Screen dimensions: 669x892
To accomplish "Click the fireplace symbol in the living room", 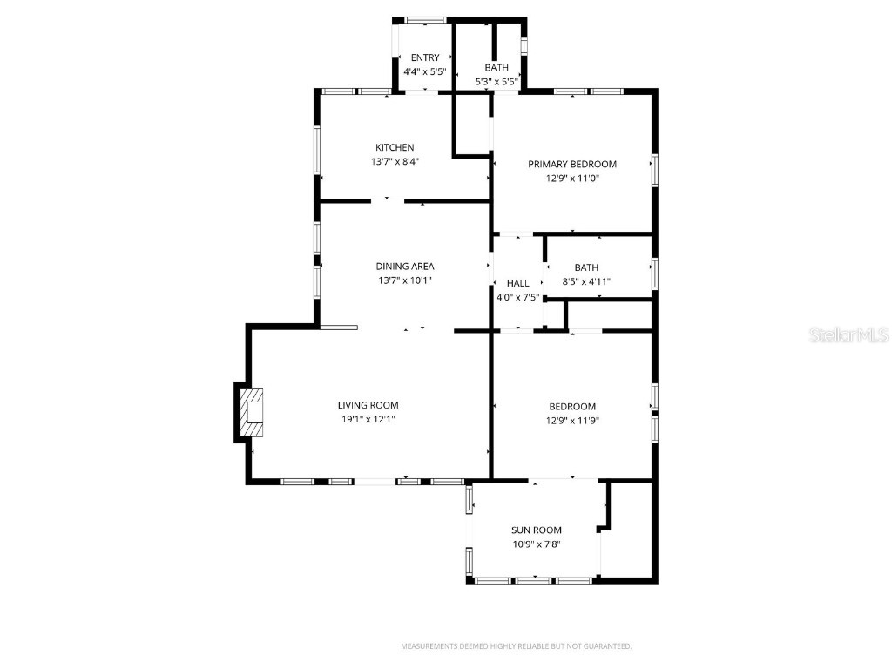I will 252,412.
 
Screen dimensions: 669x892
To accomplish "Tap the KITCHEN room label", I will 395,147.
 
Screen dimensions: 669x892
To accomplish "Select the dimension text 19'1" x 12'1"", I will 368,419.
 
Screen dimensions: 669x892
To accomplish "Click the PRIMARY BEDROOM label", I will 572,164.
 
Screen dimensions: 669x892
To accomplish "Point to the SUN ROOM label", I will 536,530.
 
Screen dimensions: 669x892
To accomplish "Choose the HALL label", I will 517,283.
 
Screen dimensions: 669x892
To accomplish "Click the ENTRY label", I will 425,57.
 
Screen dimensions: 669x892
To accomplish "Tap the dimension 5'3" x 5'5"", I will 497,81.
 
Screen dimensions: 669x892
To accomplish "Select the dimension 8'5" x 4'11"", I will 580,281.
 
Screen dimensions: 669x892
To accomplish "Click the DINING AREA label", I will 404,267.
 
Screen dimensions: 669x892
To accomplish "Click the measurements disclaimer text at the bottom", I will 516,646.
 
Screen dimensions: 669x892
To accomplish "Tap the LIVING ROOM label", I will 368,405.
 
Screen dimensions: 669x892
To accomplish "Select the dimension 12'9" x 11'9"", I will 572,420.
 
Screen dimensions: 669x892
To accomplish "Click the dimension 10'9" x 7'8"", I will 536,544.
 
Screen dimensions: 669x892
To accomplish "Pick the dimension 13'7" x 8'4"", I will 395,161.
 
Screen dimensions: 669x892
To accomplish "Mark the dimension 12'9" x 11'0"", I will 572,178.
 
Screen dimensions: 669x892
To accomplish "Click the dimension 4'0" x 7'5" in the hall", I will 517,297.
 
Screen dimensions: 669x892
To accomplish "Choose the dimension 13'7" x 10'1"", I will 404,280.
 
